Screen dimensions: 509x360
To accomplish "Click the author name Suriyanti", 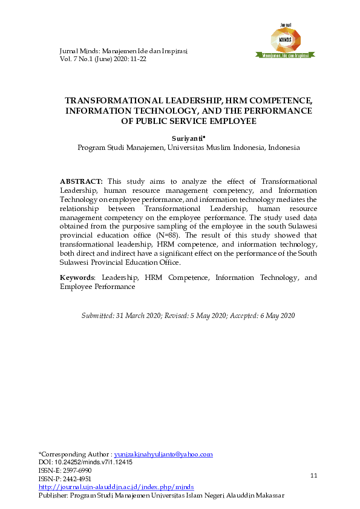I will click(188, 138).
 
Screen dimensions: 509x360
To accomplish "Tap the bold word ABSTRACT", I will click(81, 181).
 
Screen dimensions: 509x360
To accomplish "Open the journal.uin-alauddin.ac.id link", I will click(116, 486).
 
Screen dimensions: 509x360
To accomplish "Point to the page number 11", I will click(313, 476).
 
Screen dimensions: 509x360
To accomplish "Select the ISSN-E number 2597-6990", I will click(77, 470).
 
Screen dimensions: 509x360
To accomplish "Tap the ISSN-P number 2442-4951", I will click(77, 478).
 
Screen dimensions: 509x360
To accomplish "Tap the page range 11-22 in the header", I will click(135, 59).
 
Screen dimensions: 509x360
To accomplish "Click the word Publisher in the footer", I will click(53, 494).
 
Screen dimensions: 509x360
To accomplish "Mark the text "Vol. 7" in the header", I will click(69, 59).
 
